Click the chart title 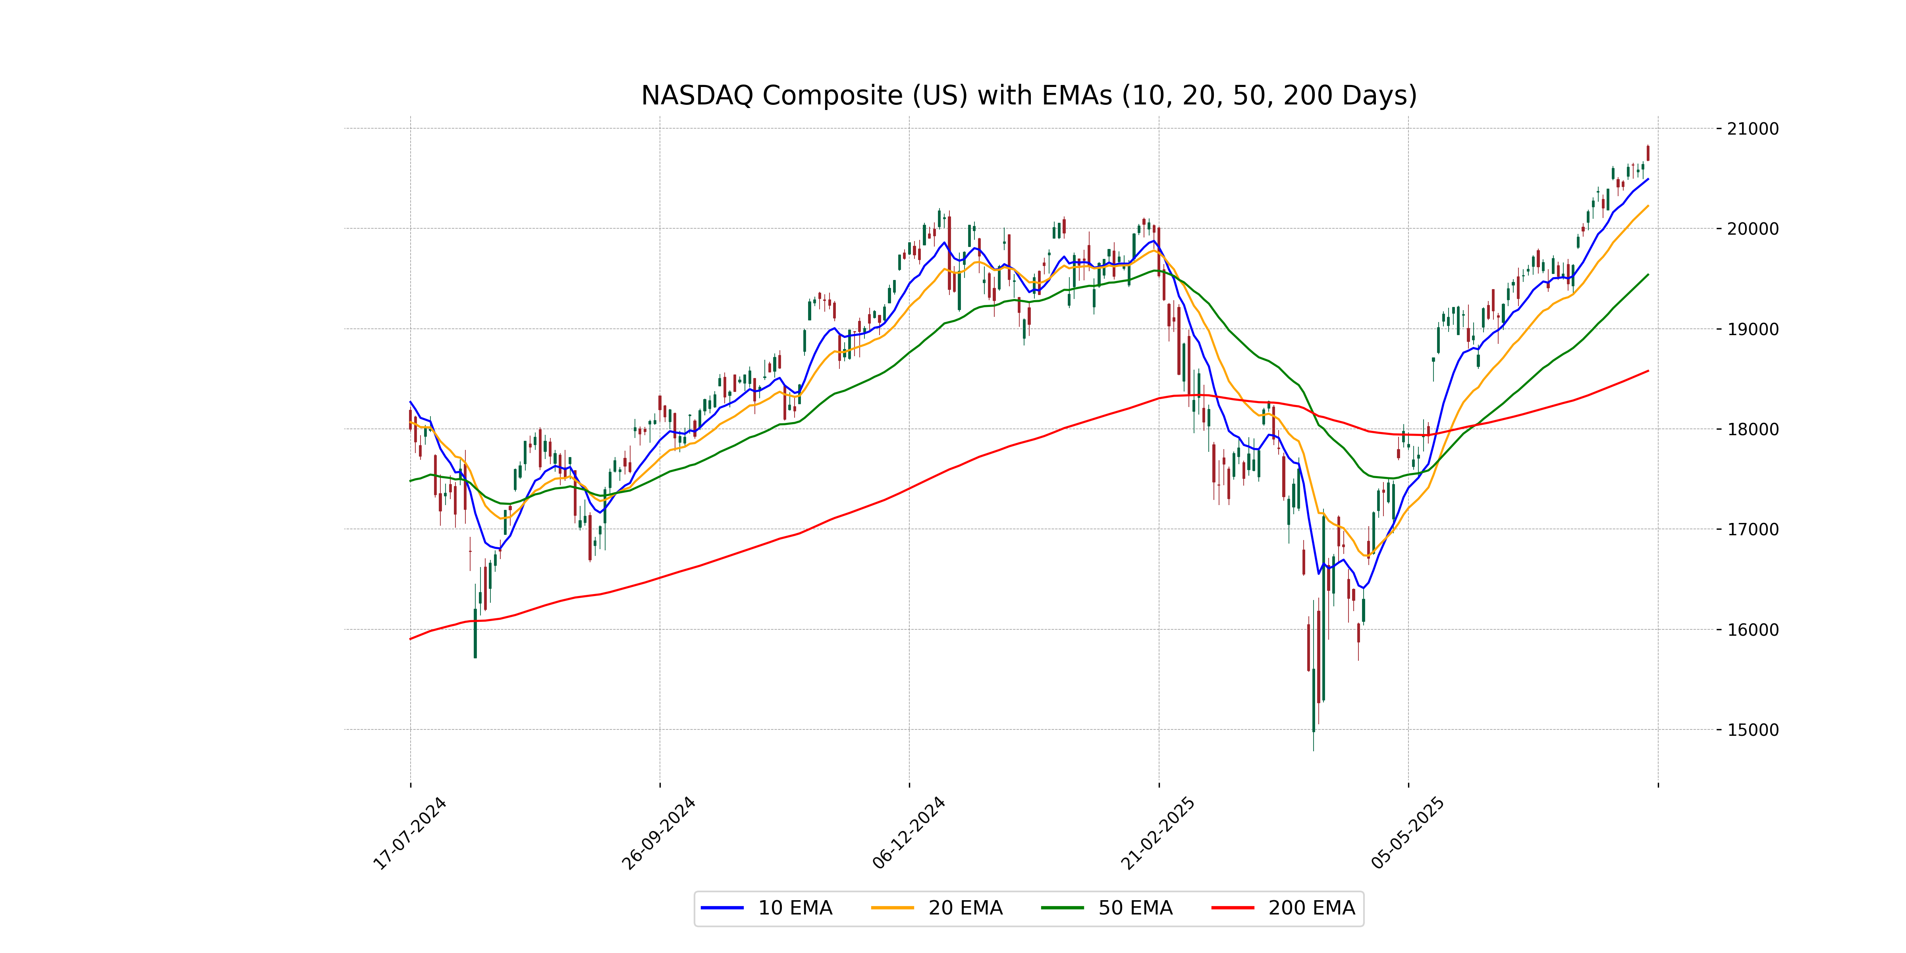(x=1028, y=95)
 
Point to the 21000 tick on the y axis (x=1752, y=129)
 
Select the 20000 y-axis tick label (x=1752, y=229)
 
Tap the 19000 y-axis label (x=1752, y=329)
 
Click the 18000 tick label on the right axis (x=1752, y=429)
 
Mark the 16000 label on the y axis (x=1752, y=630)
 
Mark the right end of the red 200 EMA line (x=1648, y=371)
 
